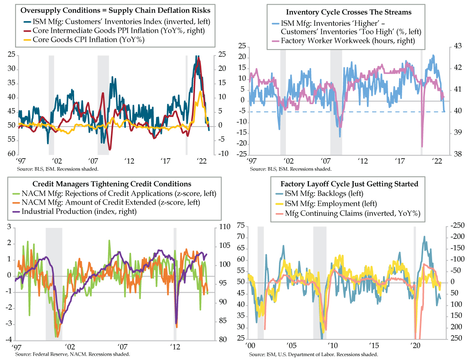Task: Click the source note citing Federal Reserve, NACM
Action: pyautogui.click(x=72, y=354)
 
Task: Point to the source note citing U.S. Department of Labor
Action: pyautogui.click(x=314, y=355)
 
